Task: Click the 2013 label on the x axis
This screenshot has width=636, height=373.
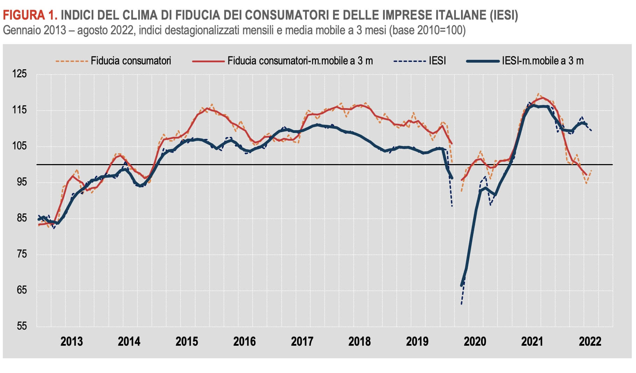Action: click(x=71, y=342)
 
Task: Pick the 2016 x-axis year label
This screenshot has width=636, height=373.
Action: click(x=244, y=342)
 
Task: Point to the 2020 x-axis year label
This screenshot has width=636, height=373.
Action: click(x=475, y=342)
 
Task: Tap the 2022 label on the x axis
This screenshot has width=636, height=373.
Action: click(x=590, y=342)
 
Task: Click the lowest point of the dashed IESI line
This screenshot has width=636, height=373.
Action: click(x=461, y=304)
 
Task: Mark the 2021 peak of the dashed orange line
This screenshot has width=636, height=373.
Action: click(x=538, y=94)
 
